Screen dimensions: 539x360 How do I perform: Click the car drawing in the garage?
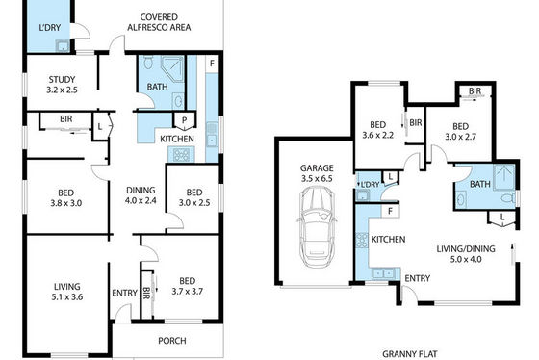point(317,227)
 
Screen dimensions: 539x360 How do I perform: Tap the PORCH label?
point(172,341)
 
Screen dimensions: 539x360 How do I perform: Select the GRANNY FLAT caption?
point(410,354)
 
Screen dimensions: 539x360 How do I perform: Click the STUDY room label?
point(62,80)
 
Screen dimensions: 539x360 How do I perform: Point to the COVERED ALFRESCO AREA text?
point(159,22)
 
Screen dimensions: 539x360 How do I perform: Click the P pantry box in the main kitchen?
point(184,120)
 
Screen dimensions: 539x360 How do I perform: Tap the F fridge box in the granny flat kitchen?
point(390,211)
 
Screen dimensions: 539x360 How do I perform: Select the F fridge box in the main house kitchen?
point(212,64)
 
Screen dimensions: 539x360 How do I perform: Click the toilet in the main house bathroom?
point(148,63)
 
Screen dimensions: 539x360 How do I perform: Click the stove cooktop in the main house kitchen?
point(181,154)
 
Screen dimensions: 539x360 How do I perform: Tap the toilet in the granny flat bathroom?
point(509,198)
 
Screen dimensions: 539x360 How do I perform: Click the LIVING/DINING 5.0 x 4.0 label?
point(466,254)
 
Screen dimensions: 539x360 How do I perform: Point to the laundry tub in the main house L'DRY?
point(63,46)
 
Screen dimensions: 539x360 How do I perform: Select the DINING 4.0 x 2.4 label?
point(141,195)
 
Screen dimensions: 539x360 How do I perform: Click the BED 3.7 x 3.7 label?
point(187,286)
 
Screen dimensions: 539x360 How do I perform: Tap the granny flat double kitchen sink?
point(382,273)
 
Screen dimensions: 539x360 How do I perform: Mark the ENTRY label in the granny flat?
point(418,278)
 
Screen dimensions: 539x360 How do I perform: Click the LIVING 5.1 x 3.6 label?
point(67,292)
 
